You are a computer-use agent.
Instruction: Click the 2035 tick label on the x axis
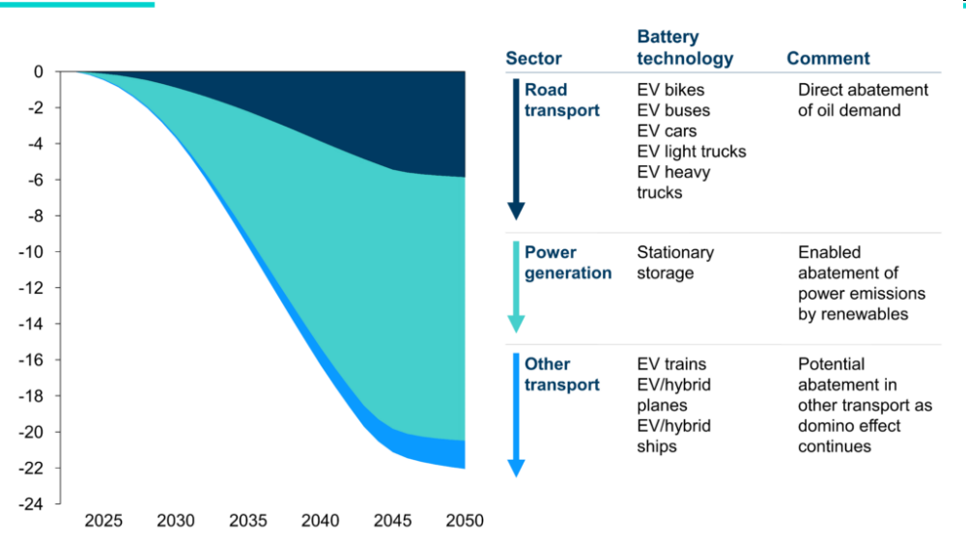[248, 522]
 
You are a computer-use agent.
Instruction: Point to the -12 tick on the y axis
[34, 288]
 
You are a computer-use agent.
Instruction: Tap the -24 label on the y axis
[34, 504]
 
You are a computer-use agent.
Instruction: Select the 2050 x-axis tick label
[464, 522]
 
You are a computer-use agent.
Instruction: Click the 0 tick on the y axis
[39, 72]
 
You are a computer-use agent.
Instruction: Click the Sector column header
[533, 59]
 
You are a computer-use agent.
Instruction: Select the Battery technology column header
[684, 48]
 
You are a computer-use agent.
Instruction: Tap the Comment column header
[828, 59]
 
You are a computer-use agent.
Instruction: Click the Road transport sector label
[561, 100]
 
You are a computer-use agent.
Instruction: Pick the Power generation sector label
[567, 263]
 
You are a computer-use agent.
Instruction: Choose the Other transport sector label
[561, 375]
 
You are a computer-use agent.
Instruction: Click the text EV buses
[673, 110]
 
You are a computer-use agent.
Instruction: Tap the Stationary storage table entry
[675, 263]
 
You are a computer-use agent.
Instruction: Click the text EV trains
[671, 364]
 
